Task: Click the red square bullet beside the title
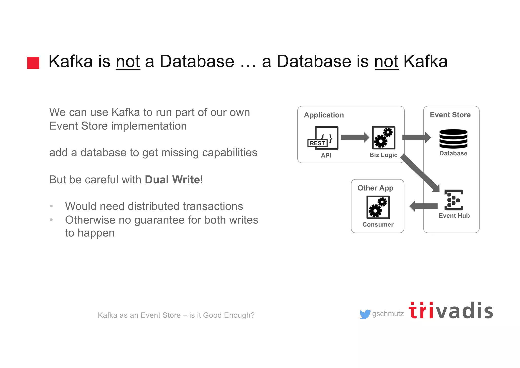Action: (33, 63)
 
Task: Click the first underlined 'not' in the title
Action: (128, 62)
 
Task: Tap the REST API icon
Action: (323, 138)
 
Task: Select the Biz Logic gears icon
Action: (383, 138)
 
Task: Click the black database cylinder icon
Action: (453, 139)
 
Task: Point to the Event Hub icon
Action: (454, 200)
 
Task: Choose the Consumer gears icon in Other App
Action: (378, 207)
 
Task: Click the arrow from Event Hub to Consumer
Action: (423, 206)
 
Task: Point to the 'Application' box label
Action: (324, 115)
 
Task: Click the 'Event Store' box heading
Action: (450, 115)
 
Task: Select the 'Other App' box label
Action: (375, 188)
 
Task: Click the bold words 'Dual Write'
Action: (172, 180)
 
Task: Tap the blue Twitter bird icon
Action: (365, 314)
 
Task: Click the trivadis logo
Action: (451, 311)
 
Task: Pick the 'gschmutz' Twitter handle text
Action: (388, 314)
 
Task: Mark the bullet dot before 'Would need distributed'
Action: (51, 206)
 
